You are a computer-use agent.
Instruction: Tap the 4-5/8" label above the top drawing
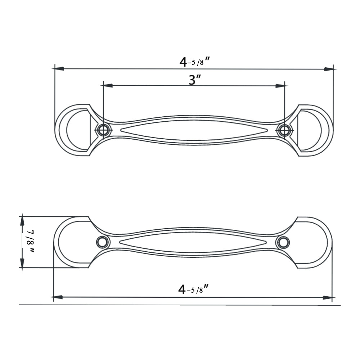pyautogui.click(x=194, y=62)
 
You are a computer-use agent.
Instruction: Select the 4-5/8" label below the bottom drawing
pyautogui.click(x=193, y=289)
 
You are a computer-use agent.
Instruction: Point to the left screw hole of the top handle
pyautogui.click(x=103, y=130)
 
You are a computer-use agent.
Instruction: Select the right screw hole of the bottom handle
pyautogui.click(x=283, y=242)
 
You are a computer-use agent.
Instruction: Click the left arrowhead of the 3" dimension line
pyautogui.click(x=108, y=86)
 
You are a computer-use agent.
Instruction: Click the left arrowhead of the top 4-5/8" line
pyautogui.click(x=59, y=68)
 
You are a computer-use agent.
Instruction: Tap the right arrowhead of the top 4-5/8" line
pyautogui.click(x=329, y=69)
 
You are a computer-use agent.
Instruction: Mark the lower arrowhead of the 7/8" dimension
pyautogui.click(x=22, y=265)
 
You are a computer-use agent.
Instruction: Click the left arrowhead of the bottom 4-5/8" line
pyautogui.click(x=58, y=297)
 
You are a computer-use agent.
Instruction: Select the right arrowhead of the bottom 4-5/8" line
pyautogui.click(x=327, y=298)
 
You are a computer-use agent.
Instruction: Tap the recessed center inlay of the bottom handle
pyautogui.click(x=193, y=242)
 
